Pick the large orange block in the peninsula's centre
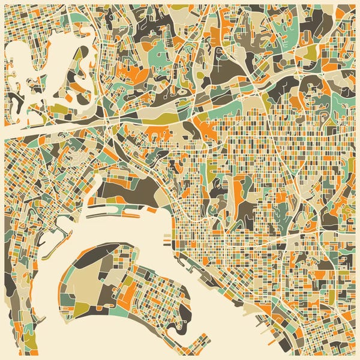click(x=128, y=294)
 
